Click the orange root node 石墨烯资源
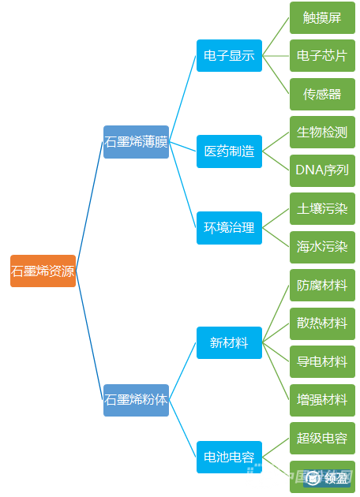(43, 271)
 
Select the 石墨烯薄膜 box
(136, 142)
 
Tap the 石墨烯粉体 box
(136, 400)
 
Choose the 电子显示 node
(229, 56)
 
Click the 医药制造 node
(229, 151)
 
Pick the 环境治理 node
(229, 227)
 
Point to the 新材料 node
(229, 342)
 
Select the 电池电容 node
(229, 457)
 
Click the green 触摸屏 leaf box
(322, 18)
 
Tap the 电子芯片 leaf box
(322, 56)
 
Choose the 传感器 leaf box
(322, 94)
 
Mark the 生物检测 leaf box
(322, 132)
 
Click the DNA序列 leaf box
(322, 170)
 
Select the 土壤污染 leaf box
(322, 209)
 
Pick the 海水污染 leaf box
(322, 247)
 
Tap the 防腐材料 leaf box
(322, 285)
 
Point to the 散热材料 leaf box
(322, 323)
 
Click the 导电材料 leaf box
(322, 361)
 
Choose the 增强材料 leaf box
(322, 399)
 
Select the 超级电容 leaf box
(322, 438)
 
